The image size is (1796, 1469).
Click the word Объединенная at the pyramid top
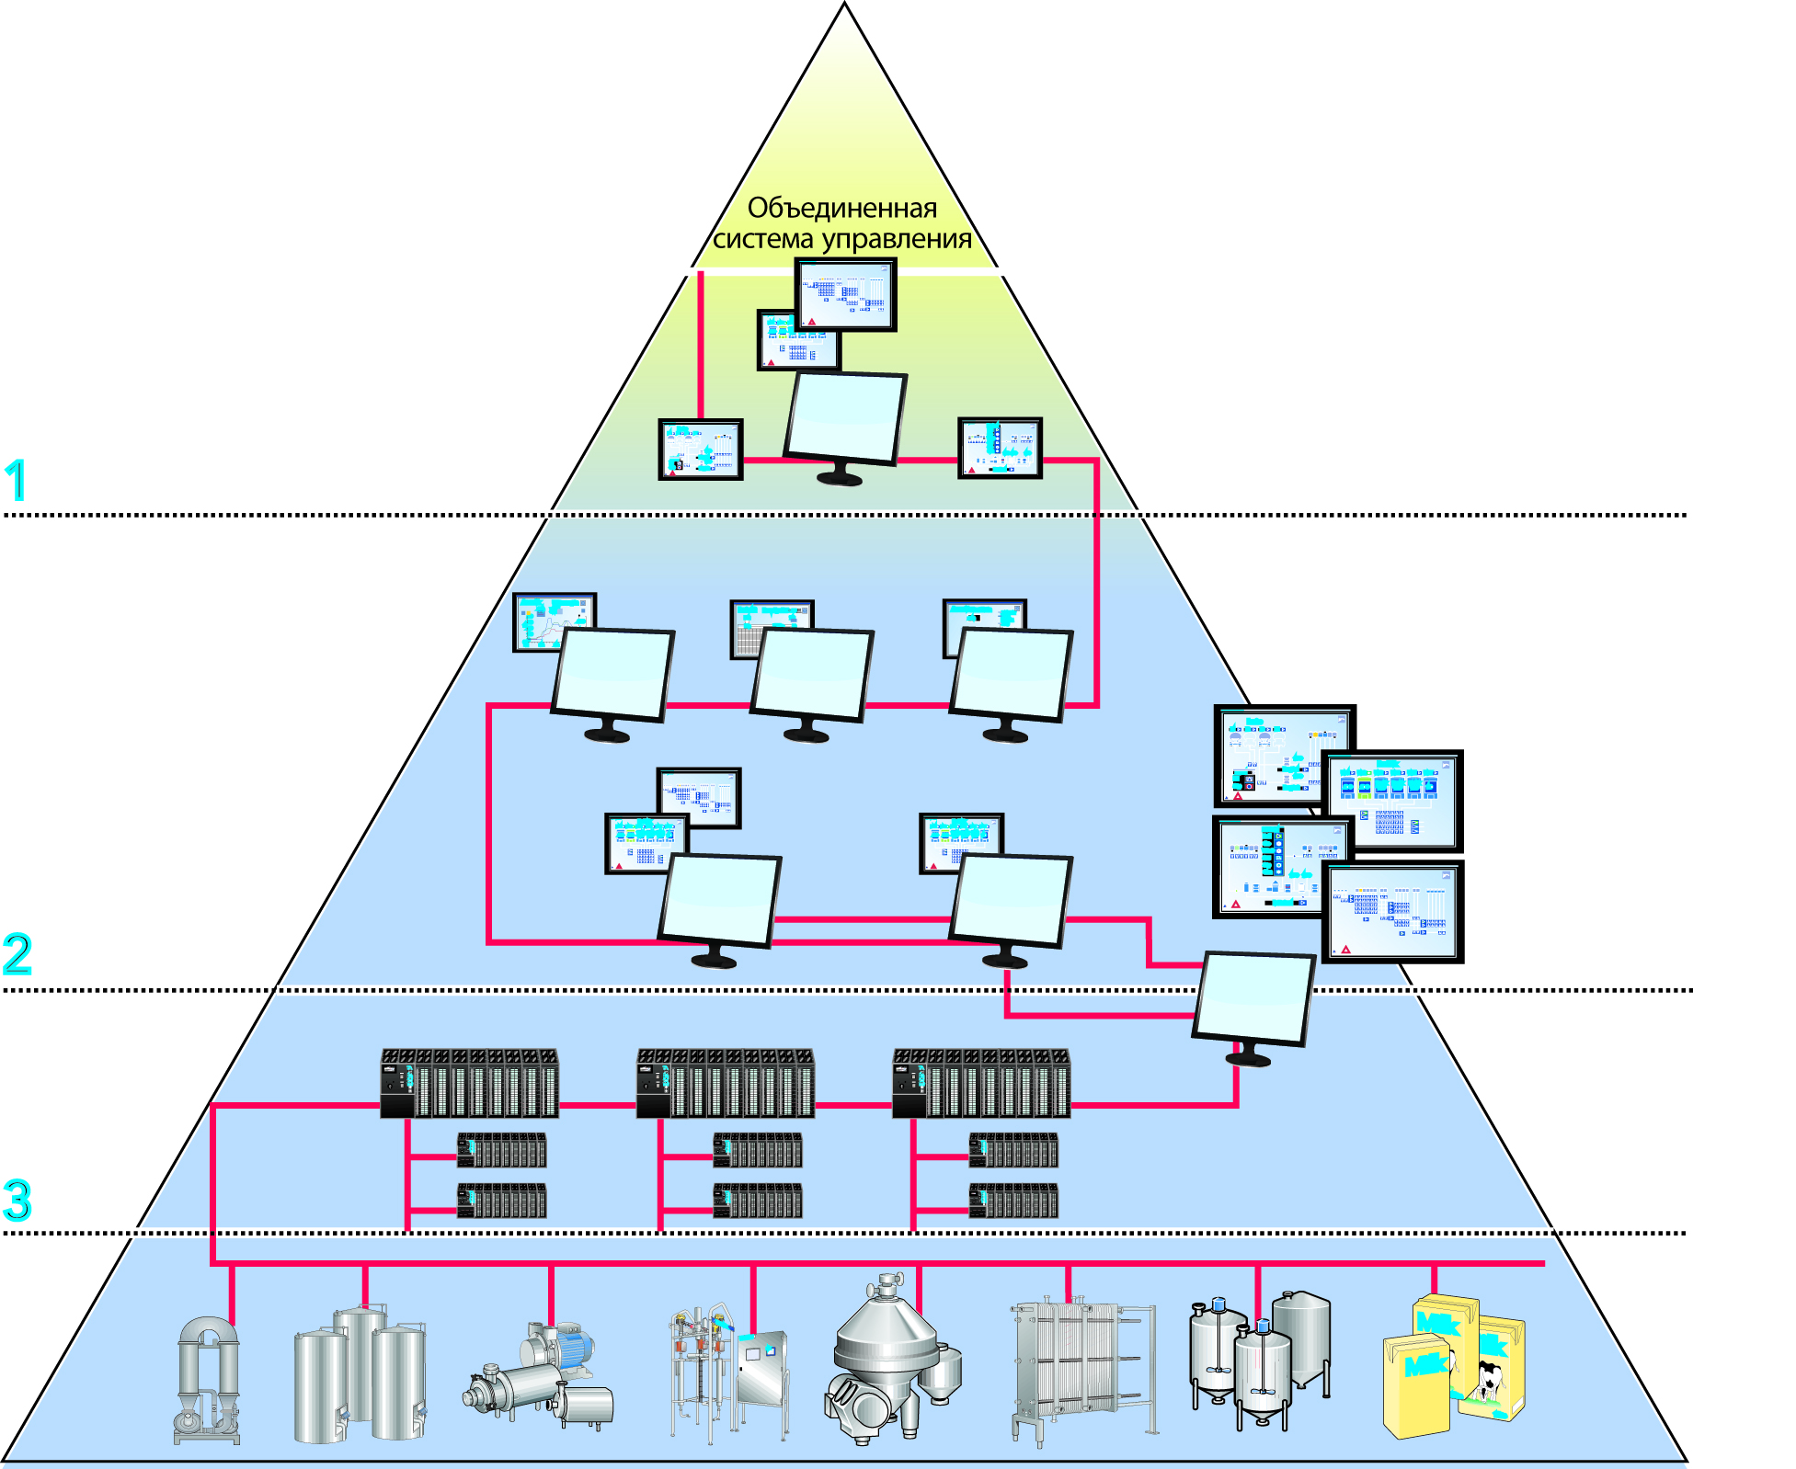pos(841,209)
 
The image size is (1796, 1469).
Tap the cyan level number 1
pos(16,480)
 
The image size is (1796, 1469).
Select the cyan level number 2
pos(17,954)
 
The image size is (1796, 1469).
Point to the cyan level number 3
pos(17,1200)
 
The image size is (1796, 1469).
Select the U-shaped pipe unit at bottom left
pos(208,1379)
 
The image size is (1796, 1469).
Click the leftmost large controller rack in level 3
pos(469,1083)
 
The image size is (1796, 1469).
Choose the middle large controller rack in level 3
pos(725,1083)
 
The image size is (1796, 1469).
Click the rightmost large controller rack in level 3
pos(980,1083)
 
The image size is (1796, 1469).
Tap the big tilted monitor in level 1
pos(845,419)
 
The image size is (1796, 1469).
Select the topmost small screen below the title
pos(845,294)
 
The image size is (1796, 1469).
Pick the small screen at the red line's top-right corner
pos(1000,449)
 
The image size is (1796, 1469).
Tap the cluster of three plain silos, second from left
pos(360,1374)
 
